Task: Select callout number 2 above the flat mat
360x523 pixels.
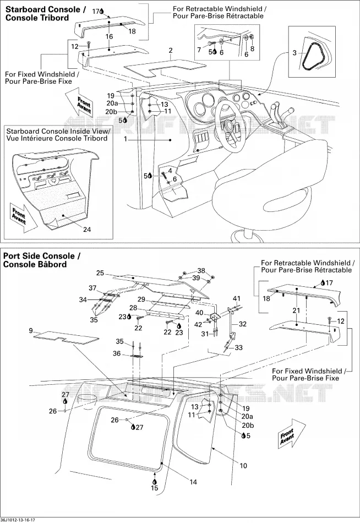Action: pyautogui.click(x=171, y=51)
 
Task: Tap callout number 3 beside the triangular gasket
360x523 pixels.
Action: pyautogui.click(x=294, y=53)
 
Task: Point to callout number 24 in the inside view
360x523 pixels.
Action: pyautogui.click(x=87, y=230)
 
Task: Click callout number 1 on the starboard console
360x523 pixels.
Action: pyautogui.click(x=126, y=139)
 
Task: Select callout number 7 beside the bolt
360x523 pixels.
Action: pyautogui.click(x=199, y=50)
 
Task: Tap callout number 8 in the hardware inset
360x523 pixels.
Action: pyautogui.click(x=252, y=48)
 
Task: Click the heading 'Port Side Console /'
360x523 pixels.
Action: pyautogui.click(x=42, y=256)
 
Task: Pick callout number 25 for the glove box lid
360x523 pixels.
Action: pyautogui.click(x=100, y=273)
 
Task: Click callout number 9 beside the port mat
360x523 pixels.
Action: pyautogui.click(x=31, y=331)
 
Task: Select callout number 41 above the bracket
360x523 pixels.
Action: pyautogui.click(x=237, y=298)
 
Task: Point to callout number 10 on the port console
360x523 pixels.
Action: pyautogui.click(x=243, y=465)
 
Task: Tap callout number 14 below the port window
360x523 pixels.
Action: pyautogui.click(x=193, y=482)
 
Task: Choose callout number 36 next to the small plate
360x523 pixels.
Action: pyautogui.click(x=117, y=353)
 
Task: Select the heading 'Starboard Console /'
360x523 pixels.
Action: pyautogui.click(x=45, y=9)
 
